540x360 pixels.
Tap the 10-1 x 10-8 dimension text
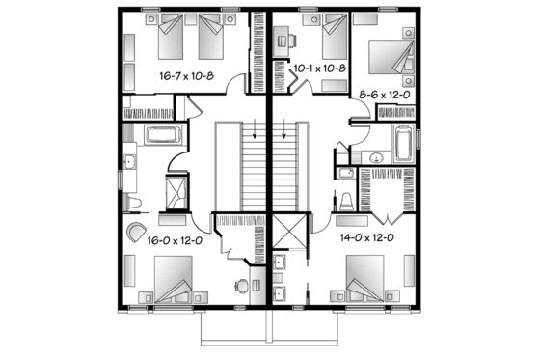(x=318, y=69)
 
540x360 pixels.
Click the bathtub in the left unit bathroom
(x=161, y=134)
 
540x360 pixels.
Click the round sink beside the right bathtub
(x=377, y=158)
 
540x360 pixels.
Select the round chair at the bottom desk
(x=243, y=285)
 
